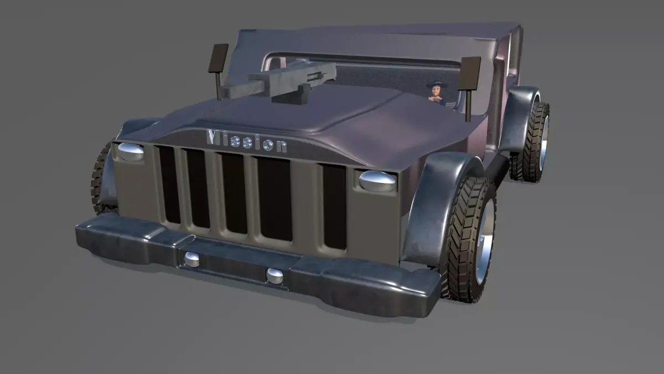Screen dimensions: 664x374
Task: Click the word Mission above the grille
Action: pos(247,141)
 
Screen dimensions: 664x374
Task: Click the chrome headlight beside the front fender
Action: pos(377,181)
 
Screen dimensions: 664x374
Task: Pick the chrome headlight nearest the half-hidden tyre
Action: pos(131,151)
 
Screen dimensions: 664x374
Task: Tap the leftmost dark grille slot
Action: pos(169,185)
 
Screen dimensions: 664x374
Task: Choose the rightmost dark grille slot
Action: pos(334,207)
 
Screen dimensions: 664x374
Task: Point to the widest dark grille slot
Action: pos(274,199)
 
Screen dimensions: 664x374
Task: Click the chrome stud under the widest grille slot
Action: pos(274,276)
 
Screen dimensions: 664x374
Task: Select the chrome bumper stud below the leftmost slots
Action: pos(192,259)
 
